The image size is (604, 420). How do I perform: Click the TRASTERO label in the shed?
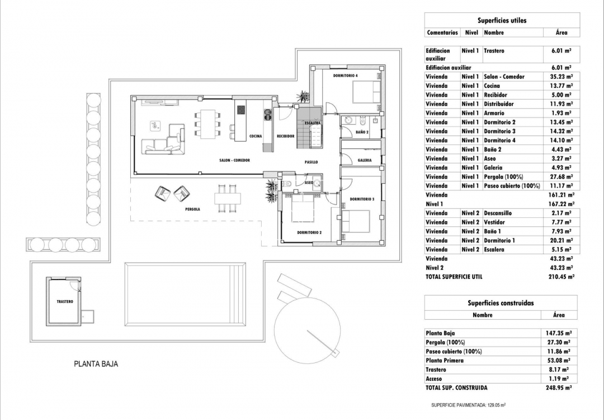pos(65,301)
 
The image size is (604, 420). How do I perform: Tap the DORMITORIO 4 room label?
pos(345,75)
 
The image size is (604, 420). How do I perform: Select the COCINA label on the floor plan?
pos(256,136)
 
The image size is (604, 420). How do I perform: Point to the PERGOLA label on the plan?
pos(192,209)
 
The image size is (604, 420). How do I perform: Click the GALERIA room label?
pos(365,160)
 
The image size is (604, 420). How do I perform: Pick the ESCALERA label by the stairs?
pos(312,122)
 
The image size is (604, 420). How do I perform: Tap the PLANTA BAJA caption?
pos(96,364)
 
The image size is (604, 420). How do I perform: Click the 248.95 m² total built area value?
pos(559,388)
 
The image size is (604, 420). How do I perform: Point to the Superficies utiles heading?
pos(502,20)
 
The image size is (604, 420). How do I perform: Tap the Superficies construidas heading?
pos(501,303)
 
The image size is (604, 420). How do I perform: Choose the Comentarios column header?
pos(442,33)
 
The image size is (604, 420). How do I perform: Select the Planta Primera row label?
pos(445,361)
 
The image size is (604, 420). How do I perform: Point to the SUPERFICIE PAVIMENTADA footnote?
pos(469,405)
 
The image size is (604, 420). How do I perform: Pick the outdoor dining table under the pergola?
pos(228,198)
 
